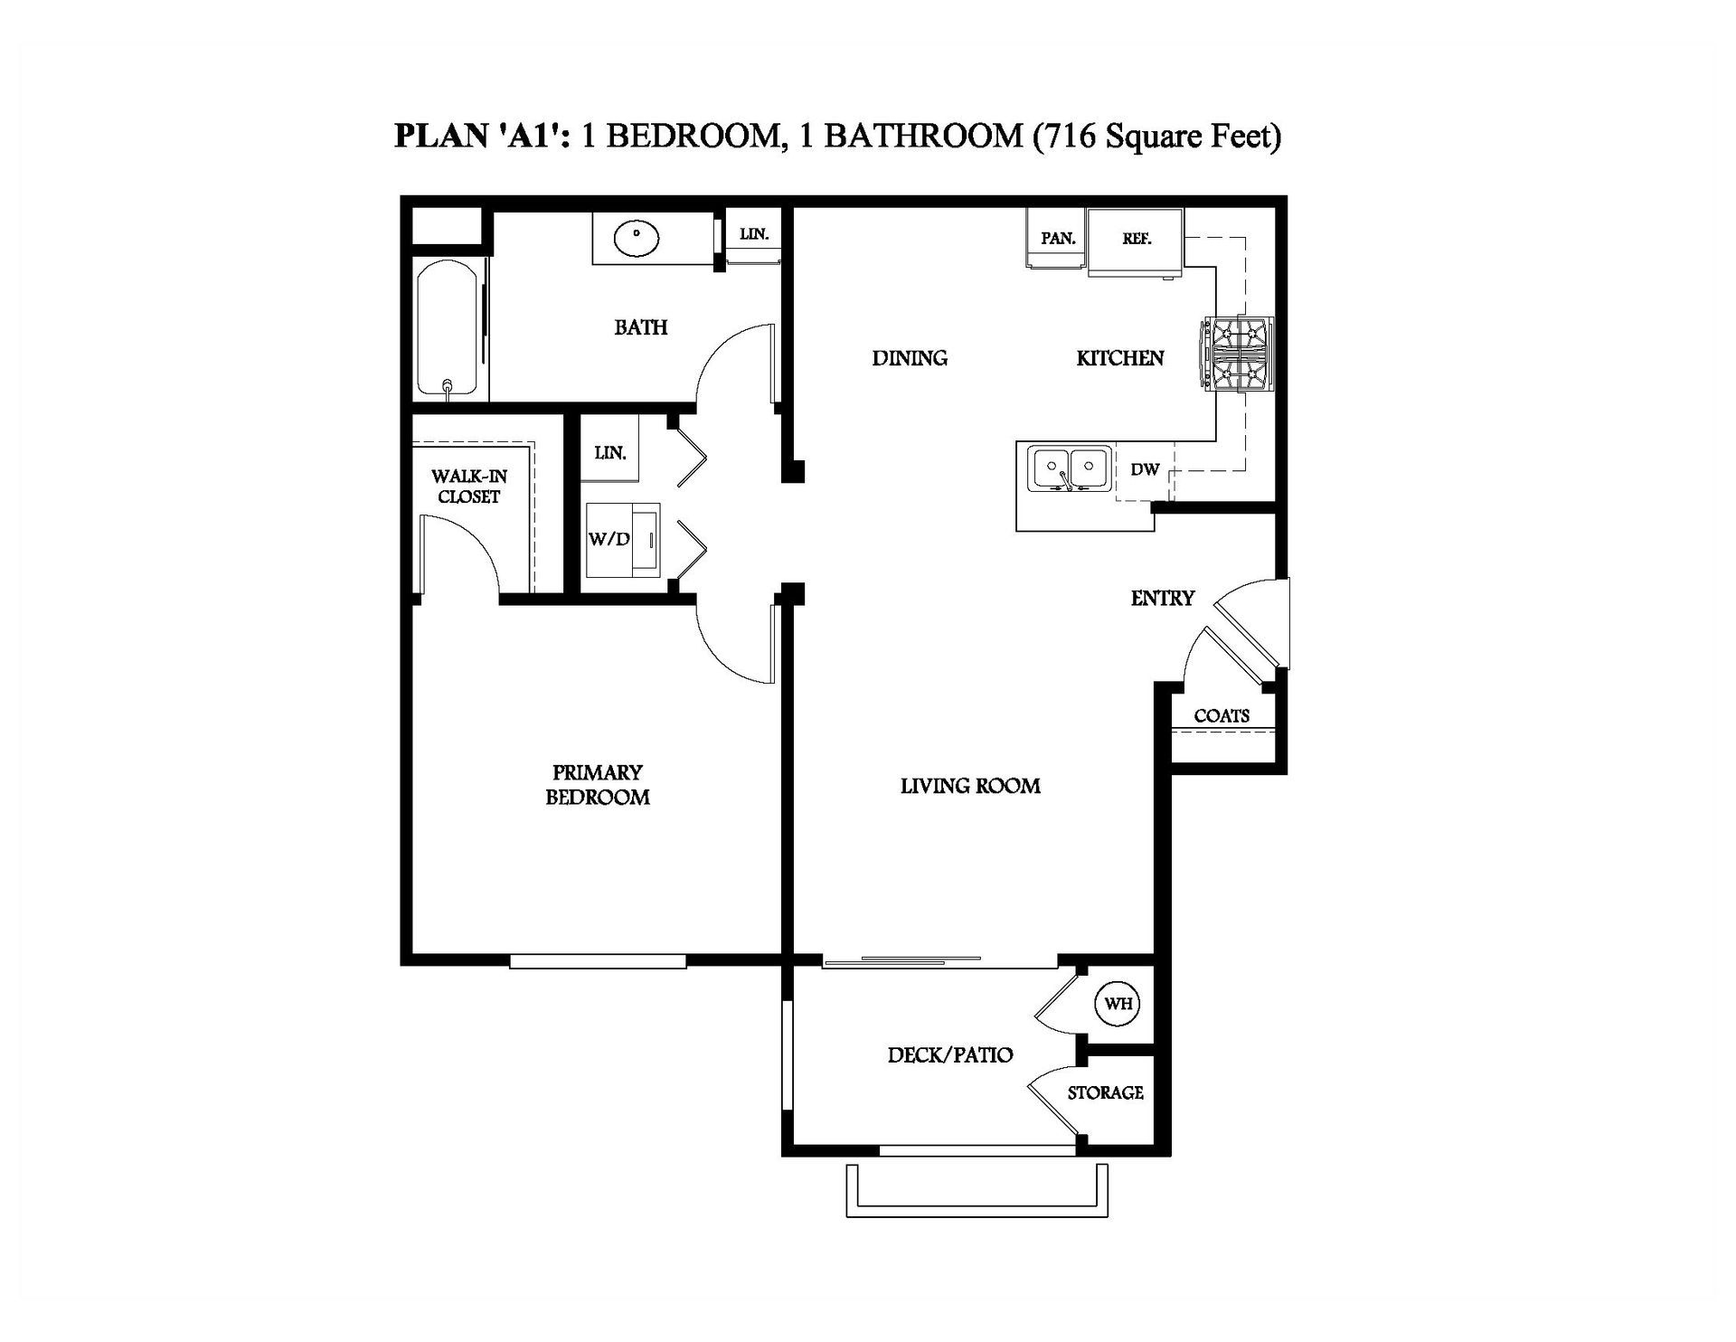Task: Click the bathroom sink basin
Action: (636, 238)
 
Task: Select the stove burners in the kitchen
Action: (1239, 354)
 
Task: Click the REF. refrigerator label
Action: (1136, 239)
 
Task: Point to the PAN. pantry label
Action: (1058, 239)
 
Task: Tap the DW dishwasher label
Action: (1145, 469)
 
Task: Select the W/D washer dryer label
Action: (609, 539)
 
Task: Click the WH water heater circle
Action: (1118, 1003)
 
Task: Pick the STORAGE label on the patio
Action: (1105, 1092)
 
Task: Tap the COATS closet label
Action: (1221, 715)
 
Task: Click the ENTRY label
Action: (1162, 598)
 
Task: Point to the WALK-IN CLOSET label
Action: (468, 486)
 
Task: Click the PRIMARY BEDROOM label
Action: (597, 784)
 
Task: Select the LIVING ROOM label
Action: (969, 786)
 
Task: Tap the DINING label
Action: (909, 358)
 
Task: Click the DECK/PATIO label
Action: (949, 1054)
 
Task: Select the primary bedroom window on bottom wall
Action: (598, 962)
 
